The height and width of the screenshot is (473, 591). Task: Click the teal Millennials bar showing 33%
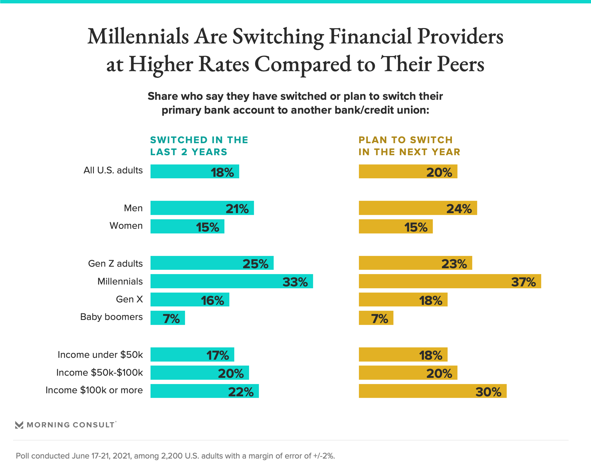(x=231, y=281)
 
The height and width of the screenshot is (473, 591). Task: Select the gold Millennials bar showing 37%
(x=450, y=281)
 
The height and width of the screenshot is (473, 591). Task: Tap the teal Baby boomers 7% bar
(x=167, y=318)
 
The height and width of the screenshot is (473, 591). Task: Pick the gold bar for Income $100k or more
(x=432, y=391)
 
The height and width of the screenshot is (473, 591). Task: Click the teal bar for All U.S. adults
(x=195, y=172)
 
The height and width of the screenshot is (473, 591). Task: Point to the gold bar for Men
(x=418, y=208)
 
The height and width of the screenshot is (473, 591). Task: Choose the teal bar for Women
(x=187, y=226)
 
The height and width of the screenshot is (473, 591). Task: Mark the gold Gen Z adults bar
(x=415, y=263)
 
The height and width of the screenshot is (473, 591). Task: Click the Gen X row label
(x=129, y=299)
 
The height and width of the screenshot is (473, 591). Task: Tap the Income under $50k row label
(x=100, y=355)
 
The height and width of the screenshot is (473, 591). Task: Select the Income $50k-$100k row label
(x=99, y=373)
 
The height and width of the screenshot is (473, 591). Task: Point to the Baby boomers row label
(x=111, y=317)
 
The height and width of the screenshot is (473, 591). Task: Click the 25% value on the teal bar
(x=255, y=264)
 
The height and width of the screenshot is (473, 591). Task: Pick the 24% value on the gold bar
(x=459, y=209)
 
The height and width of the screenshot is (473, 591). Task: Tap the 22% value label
(x=241, y=392)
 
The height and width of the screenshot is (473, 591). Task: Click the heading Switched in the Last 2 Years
(x=199, y=146)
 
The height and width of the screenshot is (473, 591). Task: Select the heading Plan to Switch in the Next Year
(x=409, y=146)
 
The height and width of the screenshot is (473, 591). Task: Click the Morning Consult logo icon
(x=19, y=425)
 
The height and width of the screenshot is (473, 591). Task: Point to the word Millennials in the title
(x=138, y=37)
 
